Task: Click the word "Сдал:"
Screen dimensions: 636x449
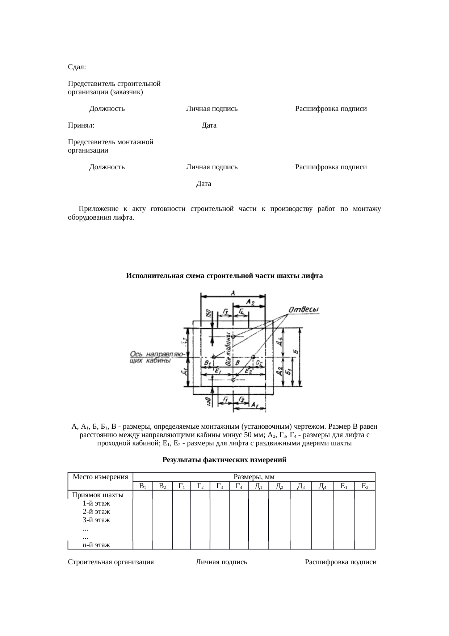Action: point(77,67)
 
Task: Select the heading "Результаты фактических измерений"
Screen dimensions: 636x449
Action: point(224,460)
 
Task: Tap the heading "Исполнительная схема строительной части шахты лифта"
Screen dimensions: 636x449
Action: point(224,276)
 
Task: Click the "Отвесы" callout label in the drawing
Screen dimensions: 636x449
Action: point(303,310)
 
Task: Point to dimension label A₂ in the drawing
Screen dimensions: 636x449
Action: point(250,302)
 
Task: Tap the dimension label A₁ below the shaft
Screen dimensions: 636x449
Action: point(255,404)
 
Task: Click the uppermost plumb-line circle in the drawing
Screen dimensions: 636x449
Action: point(233,337)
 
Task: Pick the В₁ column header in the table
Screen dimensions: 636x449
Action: point(142,486)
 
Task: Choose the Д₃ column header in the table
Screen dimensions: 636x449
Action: point(300,486)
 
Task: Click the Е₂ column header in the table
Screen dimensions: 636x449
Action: point(365,486)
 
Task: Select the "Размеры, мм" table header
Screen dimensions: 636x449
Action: point(254,477)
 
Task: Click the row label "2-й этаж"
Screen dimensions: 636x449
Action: point(96,512)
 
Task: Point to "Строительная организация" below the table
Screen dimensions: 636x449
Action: point(111,562)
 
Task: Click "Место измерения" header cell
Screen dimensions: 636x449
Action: point(100,477)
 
